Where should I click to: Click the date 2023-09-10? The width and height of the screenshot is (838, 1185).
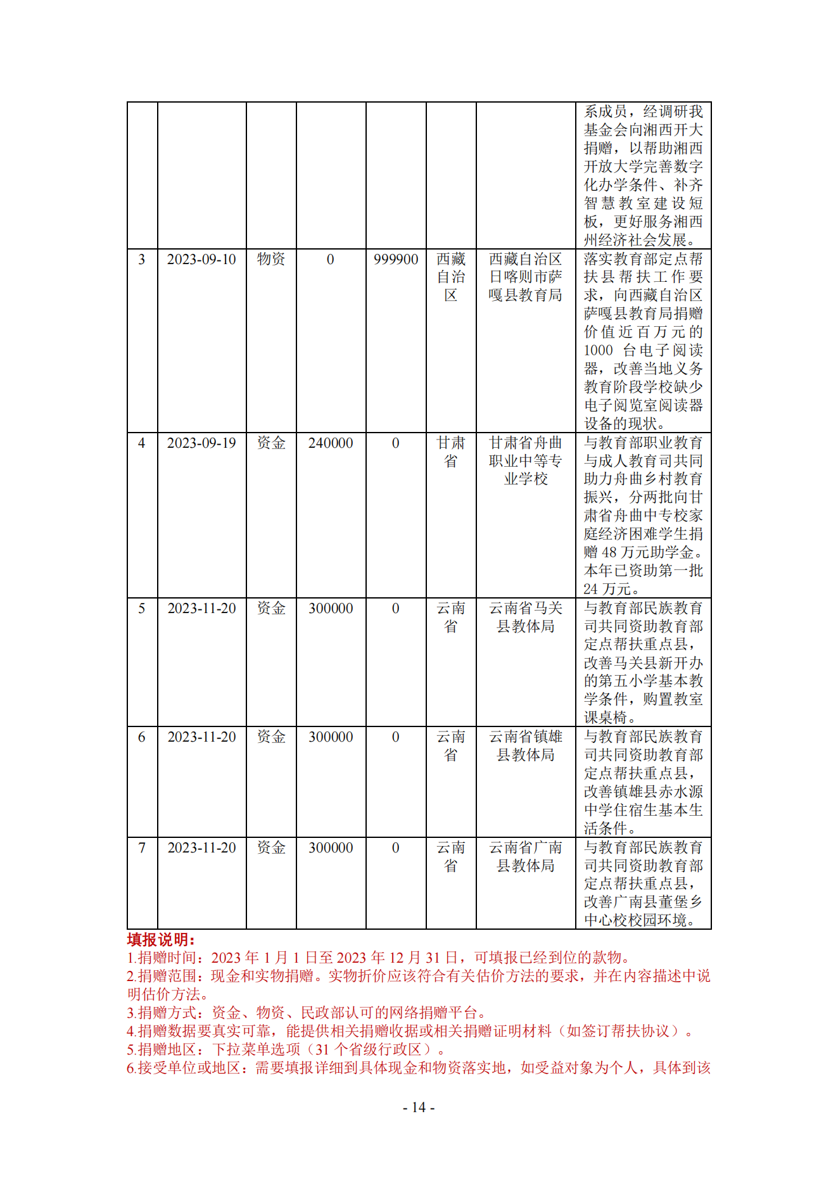pyautogui.click(x=201, y=259)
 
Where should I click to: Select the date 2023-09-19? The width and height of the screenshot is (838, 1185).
pyautogui.click(x=201, y=443)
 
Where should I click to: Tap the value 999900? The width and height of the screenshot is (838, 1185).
pyautogui.click(x=396, y=259)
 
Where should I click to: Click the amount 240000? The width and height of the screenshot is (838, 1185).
pyautogui.click(x=331, y=443)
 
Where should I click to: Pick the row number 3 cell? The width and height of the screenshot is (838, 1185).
pyautogui.click(x=142, y=259)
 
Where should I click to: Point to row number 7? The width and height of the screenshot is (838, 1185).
pyautogui.click(x=142, y=847)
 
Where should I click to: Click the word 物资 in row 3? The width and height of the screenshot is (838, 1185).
pyautogui.click(x=271, y=259)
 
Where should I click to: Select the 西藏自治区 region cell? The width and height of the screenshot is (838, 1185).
pyautogui.click(x=451, y=277)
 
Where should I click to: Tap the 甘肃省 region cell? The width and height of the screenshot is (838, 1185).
pyautogui.click(x=451, y=452)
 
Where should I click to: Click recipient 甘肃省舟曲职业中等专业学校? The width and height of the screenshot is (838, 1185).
pyautogui.click(x=526, y=460)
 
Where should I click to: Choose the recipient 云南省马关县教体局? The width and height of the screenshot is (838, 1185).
pyautogui.click(x=526, y=617)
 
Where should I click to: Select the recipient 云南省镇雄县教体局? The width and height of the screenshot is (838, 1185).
pyautogui.click(x=526, y=745)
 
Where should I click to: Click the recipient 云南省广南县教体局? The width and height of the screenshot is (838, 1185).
pyautogui.click(x=526, y=856)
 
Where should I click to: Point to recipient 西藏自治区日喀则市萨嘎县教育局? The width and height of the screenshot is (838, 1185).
pyautogui.click(x=526, y=277)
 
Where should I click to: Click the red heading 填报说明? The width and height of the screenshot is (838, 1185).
pyautogui.click(x=161, y=939)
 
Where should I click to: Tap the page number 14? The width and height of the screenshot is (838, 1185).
pyautogui.click(x=419, y=1107)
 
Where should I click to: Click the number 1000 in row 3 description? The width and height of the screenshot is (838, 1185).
pyautogui.click(x=598, y=350)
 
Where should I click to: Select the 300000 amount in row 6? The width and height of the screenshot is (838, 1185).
pyautogui.click(x=331, y=737)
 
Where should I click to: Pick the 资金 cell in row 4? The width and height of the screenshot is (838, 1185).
pyautogui.click(x=271, y=443)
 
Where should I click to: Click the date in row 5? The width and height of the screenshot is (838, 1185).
pyautogui.click(x=201, y=608)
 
